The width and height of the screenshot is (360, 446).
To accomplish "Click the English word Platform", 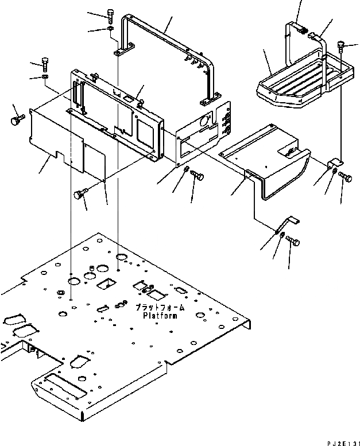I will click(160, 316).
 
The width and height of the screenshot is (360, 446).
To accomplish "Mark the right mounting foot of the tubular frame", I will click(206, 102).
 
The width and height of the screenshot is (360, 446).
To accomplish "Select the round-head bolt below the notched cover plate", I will click(79, 196).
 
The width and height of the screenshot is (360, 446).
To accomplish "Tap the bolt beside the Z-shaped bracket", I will click(293, 243).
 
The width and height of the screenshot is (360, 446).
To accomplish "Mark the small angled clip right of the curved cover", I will click(332, 166).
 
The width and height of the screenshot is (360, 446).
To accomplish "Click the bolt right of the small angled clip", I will click(345, 177).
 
